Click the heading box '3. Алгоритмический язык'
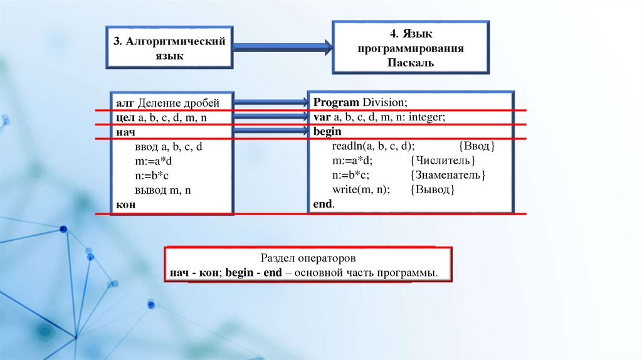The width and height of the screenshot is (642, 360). pos(169,48)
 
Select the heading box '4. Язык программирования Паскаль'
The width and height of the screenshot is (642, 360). pos(410,47)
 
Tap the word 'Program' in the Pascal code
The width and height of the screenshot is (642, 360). pos(336,102)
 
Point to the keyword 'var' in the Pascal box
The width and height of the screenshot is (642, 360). pos(322,117)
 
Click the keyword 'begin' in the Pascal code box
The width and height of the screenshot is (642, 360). pos(327,131)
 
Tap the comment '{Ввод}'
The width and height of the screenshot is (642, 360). pos(476,146)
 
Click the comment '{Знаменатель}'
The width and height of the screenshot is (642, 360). pos(448,175)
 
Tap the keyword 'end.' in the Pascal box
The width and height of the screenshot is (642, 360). pos(324,204)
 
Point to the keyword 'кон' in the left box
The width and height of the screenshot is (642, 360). pos(125,204)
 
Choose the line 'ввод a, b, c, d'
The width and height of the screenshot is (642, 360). pos(169,147)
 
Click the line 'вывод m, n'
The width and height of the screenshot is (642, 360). pos(162,190)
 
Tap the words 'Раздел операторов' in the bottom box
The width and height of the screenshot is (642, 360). pos(308,258)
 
